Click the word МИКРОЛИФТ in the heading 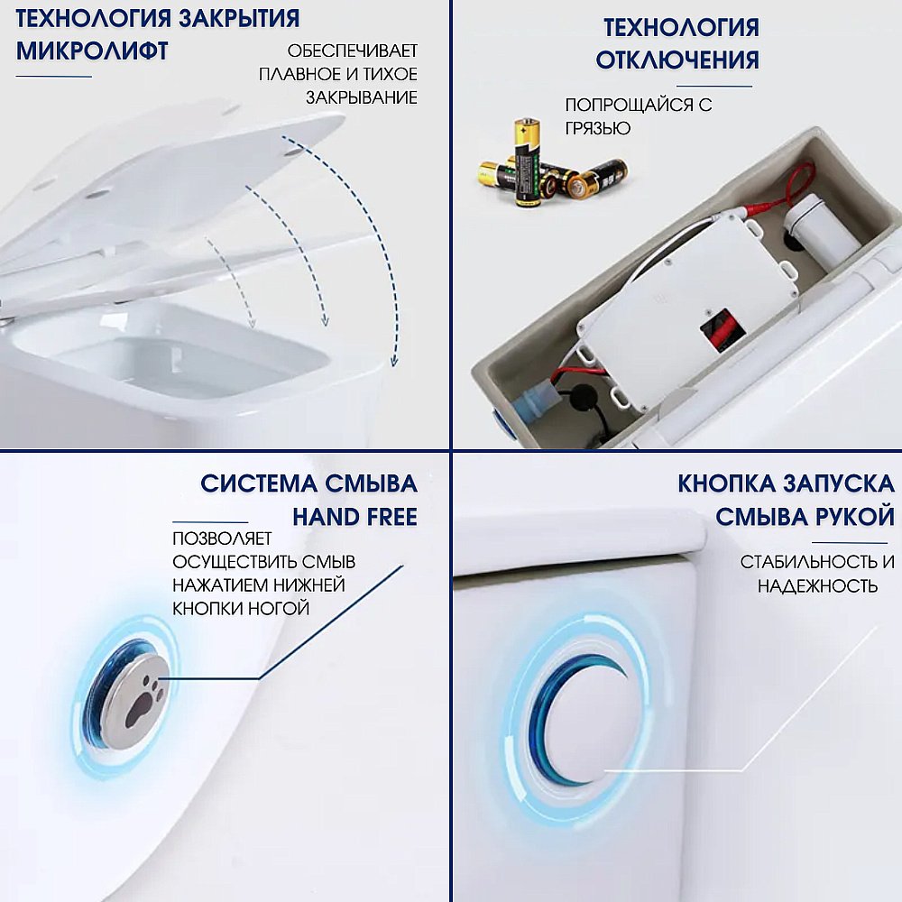tap(92, 51)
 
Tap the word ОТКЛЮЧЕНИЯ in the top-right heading tap(677, 60)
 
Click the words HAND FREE tap(354, 517)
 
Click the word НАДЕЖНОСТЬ tap(817, 586)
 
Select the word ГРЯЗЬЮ tap(597, 128)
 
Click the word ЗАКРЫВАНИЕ tap(361, 97)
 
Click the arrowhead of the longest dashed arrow tap(394, 362)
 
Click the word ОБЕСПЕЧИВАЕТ tap(352, 51)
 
